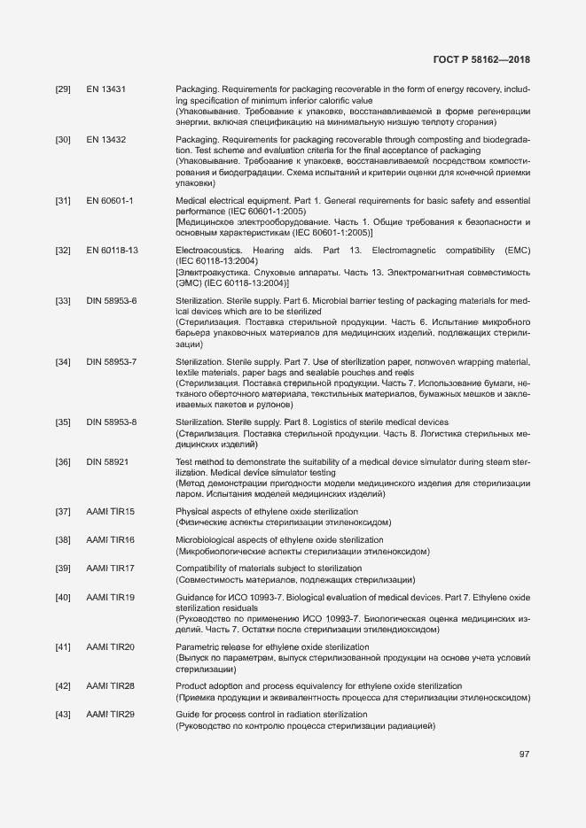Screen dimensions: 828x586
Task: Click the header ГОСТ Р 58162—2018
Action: [481, 59]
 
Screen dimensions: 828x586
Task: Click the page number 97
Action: [524, 754]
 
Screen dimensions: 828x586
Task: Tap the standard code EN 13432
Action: [105, 140]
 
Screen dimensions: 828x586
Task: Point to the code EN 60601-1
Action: [109, 201]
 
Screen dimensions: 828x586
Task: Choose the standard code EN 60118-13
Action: [112, 251]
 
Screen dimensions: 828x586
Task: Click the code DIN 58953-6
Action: [111, 301]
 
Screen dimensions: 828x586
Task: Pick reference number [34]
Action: [63, 362]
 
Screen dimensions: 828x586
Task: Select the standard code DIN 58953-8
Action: [111, 422]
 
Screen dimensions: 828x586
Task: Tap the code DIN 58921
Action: [107, 462]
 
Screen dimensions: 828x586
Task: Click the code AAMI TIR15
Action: [110, 512]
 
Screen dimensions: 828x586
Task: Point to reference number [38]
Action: [63, 540]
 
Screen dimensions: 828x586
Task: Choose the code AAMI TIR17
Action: [110, 568]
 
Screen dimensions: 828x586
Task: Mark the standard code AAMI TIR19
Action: [110, 598]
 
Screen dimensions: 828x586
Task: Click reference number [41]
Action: [63, 647]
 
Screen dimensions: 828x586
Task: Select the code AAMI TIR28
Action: [110, 686]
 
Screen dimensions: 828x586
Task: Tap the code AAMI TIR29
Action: [110, 715]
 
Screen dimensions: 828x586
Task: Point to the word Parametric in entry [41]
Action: [199, 647]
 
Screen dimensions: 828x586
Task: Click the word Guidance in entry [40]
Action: [197, 598]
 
